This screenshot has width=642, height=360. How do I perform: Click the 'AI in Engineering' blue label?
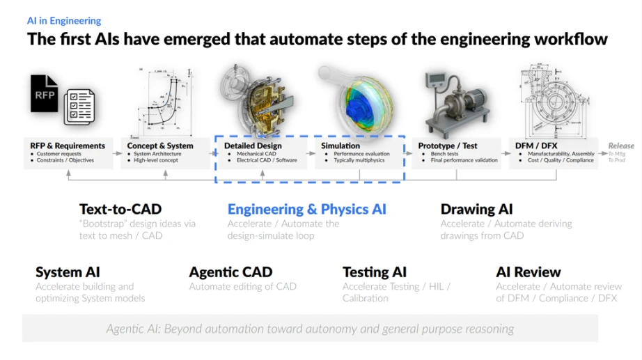click(x=63, y=21)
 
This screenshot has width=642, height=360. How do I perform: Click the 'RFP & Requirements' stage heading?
click(x=68, y=146)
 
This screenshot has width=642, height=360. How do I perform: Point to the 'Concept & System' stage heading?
click(x=160, y=146)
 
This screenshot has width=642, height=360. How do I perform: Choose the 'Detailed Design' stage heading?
click(x=253, y=146)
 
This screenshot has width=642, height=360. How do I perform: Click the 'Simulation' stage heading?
click(x=340, y=146)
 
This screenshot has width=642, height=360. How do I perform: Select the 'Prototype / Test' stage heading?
click(x=448, y=146)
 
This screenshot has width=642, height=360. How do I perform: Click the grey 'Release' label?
click(x=621, y=146)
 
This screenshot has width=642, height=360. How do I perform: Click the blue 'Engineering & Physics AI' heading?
click(x=306, y=209)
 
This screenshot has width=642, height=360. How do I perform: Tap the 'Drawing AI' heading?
click(x=476, y=209)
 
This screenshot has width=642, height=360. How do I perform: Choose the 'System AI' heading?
click(x=68, y=272)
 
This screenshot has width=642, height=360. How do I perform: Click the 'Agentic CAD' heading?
click(x=230, y=272)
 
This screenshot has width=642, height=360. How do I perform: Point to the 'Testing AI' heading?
click(x=374, y=272)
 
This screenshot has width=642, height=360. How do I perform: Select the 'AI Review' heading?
click(x=528, y=272)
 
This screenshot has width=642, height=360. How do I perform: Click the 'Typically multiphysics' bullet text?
click(x=361, y=160)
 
